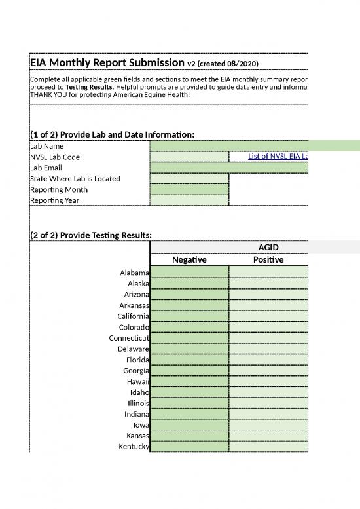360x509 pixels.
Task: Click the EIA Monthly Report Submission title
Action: click(107, 62)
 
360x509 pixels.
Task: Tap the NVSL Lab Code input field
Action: click(189, 157)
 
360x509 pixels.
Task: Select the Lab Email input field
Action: click(228, 168)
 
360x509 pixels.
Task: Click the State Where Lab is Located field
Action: click(189, 179)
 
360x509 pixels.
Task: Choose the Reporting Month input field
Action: click(189, 189)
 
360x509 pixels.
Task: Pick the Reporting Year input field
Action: click(189, 200)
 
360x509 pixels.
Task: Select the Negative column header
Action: click(189, 259)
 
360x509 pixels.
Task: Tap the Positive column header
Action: click(268, 259)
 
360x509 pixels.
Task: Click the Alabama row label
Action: click(134, 272)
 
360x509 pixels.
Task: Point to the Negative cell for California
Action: click(189, 316)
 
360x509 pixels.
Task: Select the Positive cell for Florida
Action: click(268, 359)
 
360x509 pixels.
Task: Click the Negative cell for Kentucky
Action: click(189, 446)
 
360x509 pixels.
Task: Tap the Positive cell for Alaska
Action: click(268, 283)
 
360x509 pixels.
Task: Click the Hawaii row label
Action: click(138, 381)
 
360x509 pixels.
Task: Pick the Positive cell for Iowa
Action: click(268, 424)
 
